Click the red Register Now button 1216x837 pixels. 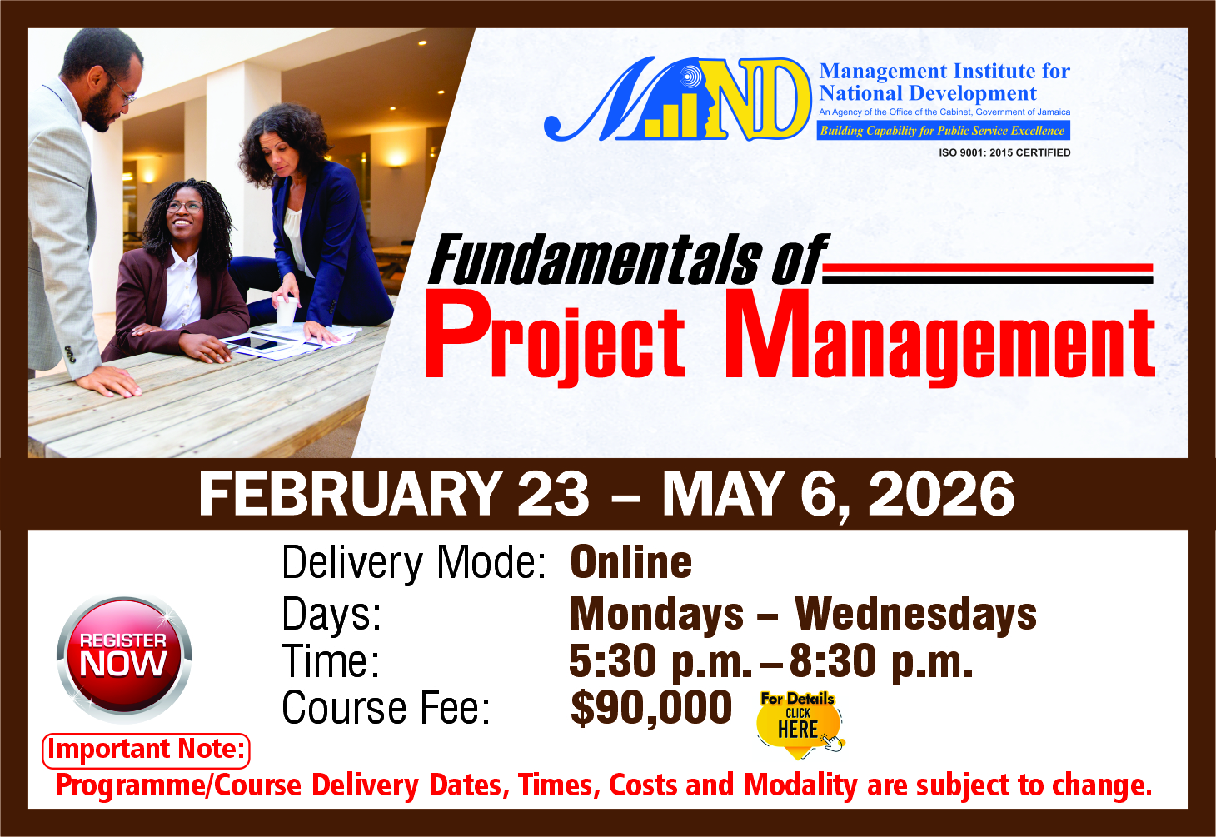pos(124,659)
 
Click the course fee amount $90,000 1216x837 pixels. pos(650,709)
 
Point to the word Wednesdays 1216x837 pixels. pos(916,615)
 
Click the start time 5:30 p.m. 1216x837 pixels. pos(660,662)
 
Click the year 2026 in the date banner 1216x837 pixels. pos(941,494)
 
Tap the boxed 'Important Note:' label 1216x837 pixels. pos(146,750)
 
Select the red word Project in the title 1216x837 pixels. pos(554,336)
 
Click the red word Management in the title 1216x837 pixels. pos(939,336)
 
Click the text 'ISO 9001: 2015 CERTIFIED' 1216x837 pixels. pos(1004,152)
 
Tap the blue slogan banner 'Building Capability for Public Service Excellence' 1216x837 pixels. pos(944,130)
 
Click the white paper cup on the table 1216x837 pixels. pos(286,311)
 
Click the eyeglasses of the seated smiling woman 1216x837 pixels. pos(185,207)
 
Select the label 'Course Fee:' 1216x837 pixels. pos(386,709)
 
